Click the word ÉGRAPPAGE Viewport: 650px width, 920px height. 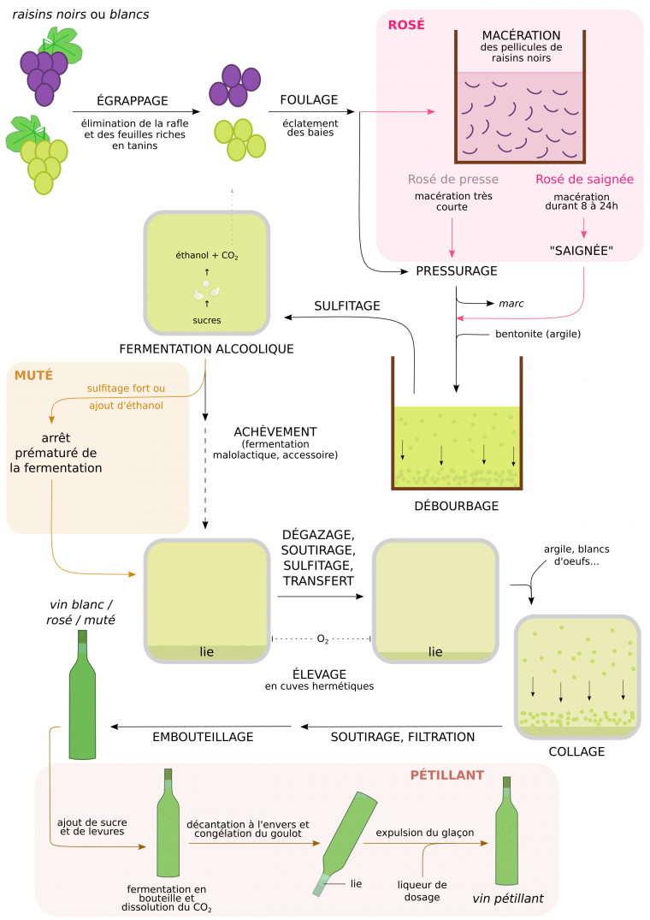(132, 100)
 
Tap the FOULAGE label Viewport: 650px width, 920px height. (309, 100)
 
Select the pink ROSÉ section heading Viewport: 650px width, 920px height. (406, 25)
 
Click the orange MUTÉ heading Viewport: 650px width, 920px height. (33, 375)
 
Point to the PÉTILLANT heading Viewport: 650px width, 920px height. (446, 775)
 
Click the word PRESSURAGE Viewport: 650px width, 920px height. (456, 271)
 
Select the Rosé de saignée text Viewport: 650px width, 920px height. (584, 180)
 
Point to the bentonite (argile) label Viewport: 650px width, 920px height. (538, 334)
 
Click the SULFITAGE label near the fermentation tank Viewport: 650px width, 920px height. (347, 306)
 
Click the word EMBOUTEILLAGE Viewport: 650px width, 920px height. (203, 736)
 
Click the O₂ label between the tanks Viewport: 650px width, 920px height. (322, 638)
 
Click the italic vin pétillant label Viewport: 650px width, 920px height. (508, 899)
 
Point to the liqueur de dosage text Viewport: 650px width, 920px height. (422, 890)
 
